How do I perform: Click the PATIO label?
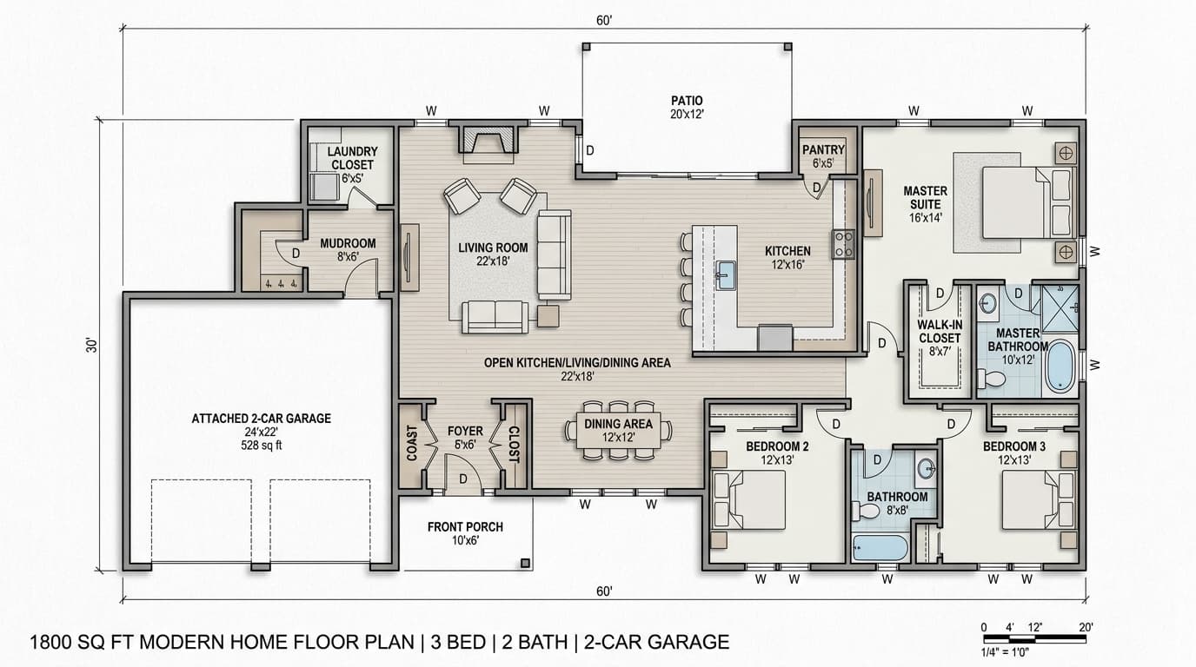(x=686, y=101)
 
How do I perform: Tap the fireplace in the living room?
(x=488, y=142)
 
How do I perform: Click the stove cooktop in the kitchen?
(x=843, y=244)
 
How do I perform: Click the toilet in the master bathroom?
(x=991, y=379)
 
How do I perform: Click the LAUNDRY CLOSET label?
(x=351, y=158)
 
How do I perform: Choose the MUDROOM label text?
(x=348, y=243)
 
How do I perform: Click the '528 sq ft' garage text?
(x=261, y=446)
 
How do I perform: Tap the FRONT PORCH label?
(x=465, y=526)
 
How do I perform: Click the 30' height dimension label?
(x=90, y=345)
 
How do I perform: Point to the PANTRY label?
(x=823, y=150)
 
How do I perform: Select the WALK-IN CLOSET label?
(x=939, y=332)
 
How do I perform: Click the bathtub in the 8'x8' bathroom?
(x=880, y=548)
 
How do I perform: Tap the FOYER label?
(x=465, y=431)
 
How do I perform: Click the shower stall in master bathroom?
(x=1060, y=307)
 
